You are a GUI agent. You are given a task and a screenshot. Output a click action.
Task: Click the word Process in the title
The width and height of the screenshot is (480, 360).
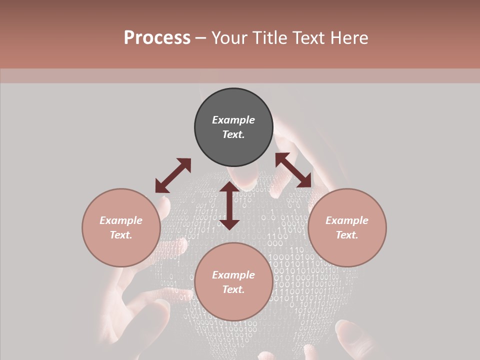click(157, 38)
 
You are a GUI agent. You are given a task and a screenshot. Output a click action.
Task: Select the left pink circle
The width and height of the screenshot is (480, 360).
click(121, 250)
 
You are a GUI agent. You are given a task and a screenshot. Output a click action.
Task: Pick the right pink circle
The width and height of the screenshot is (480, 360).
click(347, 250)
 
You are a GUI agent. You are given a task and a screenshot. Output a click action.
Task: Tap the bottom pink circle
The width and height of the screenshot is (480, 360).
click(233, 305)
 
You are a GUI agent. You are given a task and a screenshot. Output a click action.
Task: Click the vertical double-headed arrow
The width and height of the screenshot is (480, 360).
click(229, 205)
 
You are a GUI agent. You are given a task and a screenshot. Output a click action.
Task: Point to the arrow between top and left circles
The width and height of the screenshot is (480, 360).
click(173, 175)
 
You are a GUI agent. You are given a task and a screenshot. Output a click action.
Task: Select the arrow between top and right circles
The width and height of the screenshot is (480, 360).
click(293, 170)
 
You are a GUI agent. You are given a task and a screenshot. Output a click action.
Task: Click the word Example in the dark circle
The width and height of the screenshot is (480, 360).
click(233, 120)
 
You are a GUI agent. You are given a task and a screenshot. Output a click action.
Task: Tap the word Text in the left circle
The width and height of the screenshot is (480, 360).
click(121, 235)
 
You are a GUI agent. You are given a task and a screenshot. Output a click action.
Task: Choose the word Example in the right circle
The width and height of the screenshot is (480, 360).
click(347, 220)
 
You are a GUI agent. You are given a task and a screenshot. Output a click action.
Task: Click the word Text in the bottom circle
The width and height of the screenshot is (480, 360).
click(233, 289)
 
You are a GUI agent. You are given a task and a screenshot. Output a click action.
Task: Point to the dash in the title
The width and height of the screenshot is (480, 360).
click(200, 38)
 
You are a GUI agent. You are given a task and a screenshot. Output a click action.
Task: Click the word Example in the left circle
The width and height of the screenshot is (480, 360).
click(121, 220)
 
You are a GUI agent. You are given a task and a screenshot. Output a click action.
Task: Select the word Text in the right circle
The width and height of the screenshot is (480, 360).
click(347, 235)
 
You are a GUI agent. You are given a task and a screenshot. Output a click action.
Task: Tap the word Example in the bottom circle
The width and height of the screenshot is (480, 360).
click(233, 275)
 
